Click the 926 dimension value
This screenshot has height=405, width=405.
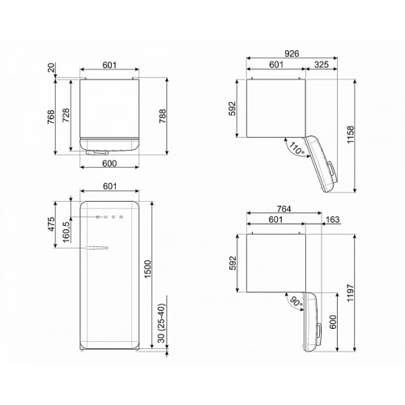292,53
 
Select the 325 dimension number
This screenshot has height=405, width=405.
322,65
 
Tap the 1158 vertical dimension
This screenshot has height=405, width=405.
350,134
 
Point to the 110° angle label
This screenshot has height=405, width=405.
297,149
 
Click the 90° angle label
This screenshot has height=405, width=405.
296,302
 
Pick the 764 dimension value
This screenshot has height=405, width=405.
283,209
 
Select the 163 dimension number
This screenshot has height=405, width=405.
332,220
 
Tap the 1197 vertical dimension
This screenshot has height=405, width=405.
350,292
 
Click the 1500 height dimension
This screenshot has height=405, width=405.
147,270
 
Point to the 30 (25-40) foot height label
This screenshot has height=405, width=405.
161,323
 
